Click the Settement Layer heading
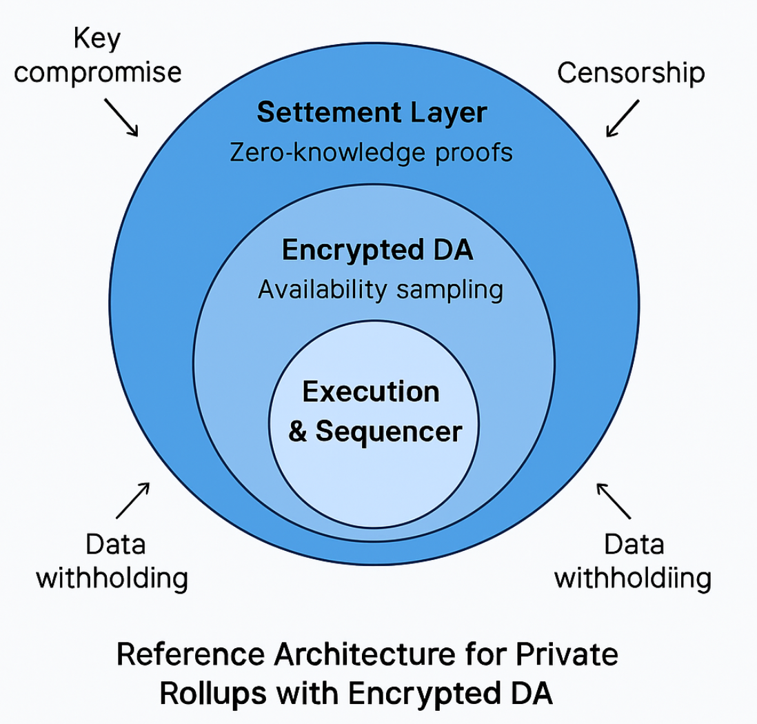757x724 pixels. click(372, 112)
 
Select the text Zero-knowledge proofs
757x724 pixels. click(370, 152)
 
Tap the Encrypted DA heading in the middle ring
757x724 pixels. click(377, 250)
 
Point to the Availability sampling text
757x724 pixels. click(380, 290)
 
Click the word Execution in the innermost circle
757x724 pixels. click(371, 392)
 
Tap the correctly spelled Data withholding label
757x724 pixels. click(111, 561)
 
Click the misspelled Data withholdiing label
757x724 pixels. click(633, 561)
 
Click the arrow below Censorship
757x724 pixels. click(623, 118)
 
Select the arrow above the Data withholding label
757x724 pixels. click(132, 499)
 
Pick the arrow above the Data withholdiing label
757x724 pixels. click(613, 500)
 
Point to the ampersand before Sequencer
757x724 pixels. click(297, 432)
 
